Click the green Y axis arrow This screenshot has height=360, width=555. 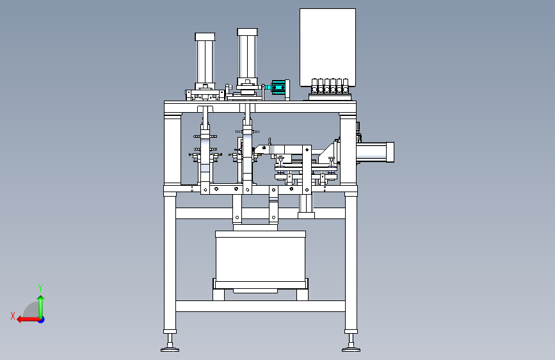point(40,304)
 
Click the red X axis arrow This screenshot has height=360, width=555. point(26,319)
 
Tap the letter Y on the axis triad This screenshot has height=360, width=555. point(40,288)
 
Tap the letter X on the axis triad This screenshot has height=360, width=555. point(12,315)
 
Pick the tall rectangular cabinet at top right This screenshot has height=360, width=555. point(328,45)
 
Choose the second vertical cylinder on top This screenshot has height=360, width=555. point(248,54)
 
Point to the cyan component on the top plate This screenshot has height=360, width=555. point(278,87)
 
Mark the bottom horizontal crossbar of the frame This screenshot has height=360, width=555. point(260,306)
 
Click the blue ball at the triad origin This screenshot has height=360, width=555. point(40,319)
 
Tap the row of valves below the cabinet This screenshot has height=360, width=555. point(330,86)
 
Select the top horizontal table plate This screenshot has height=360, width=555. point(260,106)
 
